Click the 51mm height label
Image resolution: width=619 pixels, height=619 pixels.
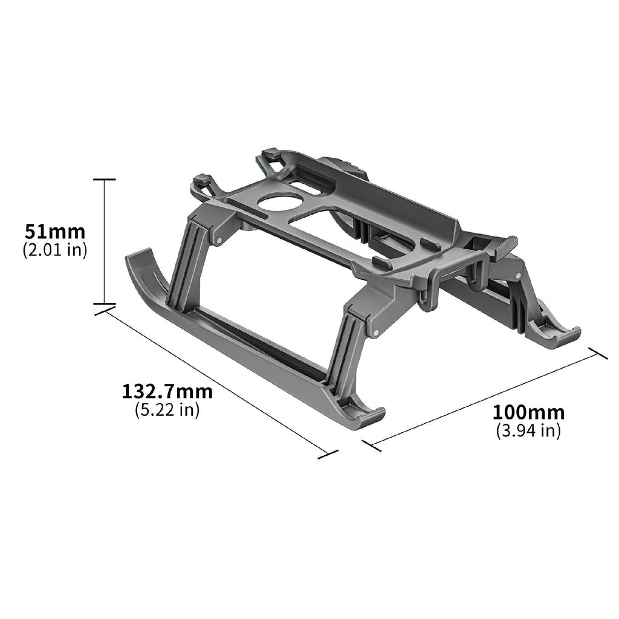[x=55, y=232]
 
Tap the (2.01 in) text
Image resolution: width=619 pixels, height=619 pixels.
[x=55, y=250]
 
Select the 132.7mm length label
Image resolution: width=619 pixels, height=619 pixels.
[x=167, y=392]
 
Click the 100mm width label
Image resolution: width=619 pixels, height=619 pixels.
[x=528, y=413]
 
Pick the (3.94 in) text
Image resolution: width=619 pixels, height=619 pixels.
[x=528, y=431]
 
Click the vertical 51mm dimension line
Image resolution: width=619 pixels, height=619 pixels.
[x=105, y=242]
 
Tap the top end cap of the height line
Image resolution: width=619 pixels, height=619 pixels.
[x=105, y=180]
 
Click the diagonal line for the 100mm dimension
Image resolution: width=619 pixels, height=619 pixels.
[x=484, y=399]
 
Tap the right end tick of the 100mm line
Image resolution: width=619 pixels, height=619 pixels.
[x=598, y=354]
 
